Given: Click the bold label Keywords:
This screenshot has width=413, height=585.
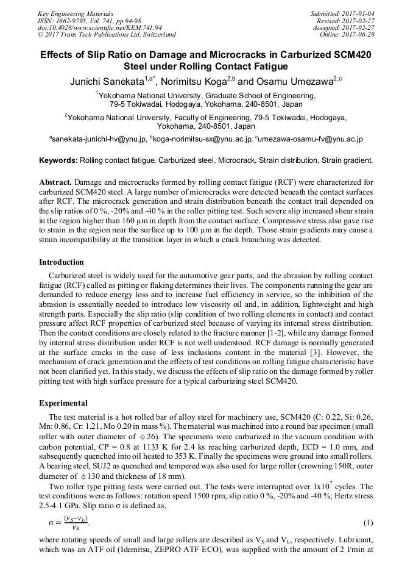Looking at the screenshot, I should coord(58,160).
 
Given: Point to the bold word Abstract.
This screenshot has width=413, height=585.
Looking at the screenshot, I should coord(55,182).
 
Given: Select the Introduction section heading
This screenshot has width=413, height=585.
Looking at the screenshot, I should coord(62,262).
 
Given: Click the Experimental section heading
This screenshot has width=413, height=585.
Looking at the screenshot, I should coord(63,403).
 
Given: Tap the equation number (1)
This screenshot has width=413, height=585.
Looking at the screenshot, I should coord(368,523).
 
